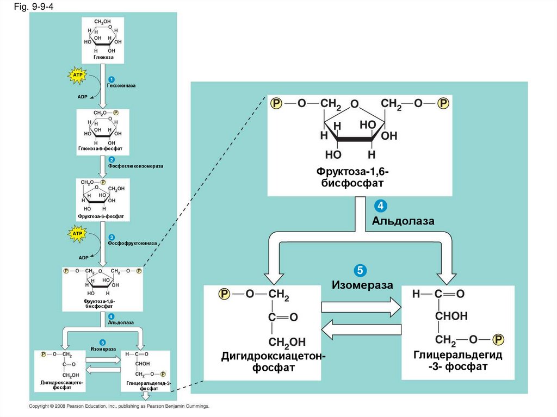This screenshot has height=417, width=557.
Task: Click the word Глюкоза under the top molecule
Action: click(x=103, y=57)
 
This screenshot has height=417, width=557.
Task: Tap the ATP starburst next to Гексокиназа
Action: click(x=77, y=74)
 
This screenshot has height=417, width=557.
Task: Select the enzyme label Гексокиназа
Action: click(x=121, y=86)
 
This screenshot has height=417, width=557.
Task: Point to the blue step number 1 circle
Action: click(x=111, y=80)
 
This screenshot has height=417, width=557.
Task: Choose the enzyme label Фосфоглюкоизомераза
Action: click(x=135, y=165)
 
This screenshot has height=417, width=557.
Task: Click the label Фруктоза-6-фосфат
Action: click(x=101, y=216)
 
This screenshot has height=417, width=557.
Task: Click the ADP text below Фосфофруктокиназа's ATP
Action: click(x=83, y=258)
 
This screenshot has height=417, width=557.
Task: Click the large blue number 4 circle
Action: click(x=380, y=207)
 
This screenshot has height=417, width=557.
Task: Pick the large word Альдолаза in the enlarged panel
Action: click(x=403, y=221)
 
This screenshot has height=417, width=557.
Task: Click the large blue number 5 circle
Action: click(x=360, y=270)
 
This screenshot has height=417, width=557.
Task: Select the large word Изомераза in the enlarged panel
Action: click(x=362, y=285)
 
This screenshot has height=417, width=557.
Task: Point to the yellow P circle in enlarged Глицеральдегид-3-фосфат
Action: click(x=498, y=340)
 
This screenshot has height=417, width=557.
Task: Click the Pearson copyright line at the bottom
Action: click(x=119, y=406)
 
